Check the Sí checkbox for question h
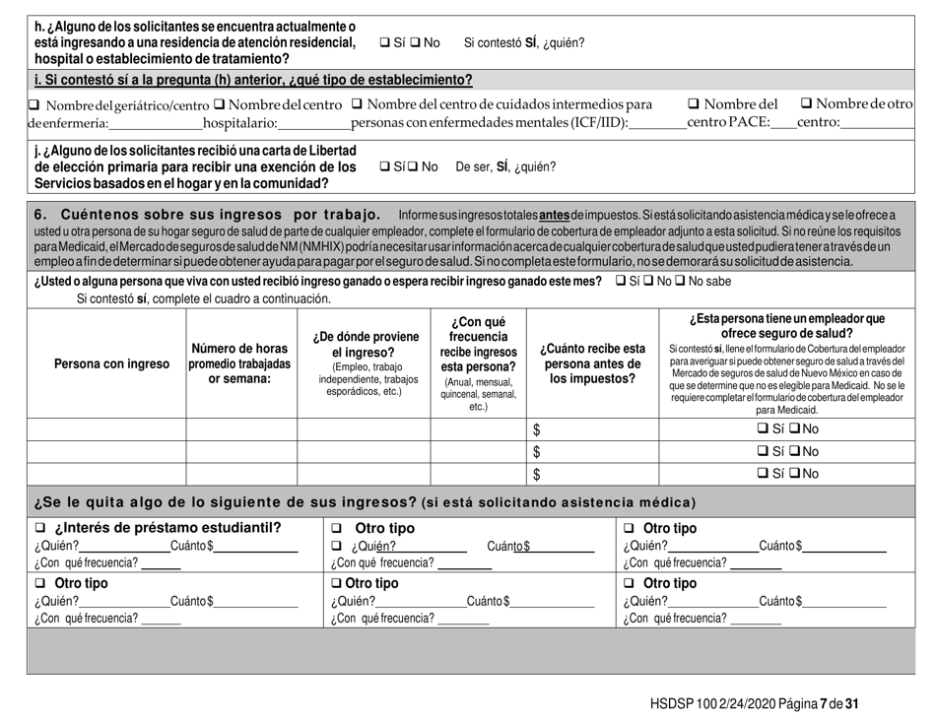pos(384,42)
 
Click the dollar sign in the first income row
pos(537,429)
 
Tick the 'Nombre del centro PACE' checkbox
pos(693,105)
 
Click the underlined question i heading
pos(253,80)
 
